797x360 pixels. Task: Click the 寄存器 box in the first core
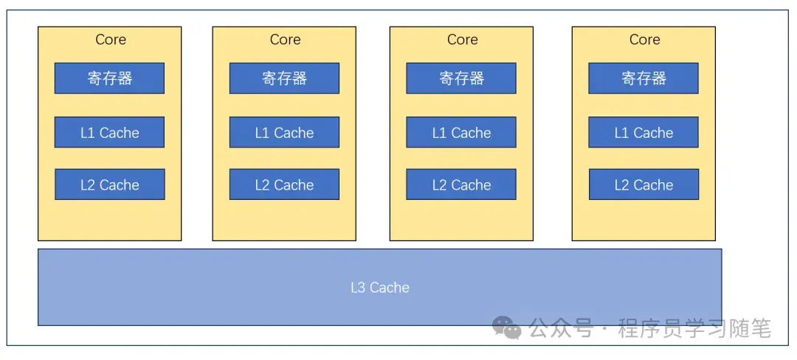109,78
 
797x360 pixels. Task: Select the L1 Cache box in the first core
109,133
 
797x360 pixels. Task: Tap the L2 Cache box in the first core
109,184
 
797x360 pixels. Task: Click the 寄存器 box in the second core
284,78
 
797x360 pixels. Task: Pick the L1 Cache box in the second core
284,133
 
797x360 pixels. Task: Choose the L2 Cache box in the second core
284,184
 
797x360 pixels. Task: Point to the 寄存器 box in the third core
461,78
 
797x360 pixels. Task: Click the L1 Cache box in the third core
461,133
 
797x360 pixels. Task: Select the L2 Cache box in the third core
461,184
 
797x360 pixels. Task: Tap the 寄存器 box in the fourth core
644,78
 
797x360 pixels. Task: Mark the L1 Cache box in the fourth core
644,133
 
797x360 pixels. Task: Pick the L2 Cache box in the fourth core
644,184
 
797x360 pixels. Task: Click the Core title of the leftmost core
111,40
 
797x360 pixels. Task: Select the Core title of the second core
285,40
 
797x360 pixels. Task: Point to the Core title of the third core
462,40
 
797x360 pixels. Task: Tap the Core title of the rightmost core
644,40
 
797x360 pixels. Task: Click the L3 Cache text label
379,288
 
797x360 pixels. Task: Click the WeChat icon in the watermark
507,328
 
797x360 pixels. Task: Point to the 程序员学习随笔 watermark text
694,328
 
